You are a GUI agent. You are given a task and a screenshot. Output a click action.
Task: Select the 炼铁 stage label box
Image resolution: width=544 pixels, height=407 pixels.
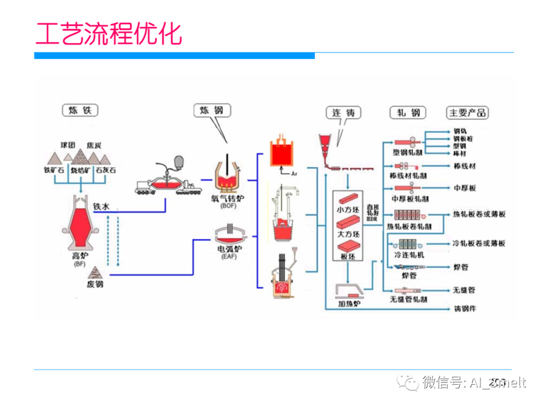pos(80,110)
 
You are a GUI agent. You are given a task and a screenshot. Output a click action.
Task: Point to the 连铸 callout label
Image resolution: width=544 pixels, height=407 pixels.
pos(344,112)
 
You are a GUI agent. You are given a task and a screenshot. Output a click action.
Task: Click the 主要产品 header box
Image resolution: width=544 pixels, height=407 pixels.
pos(467,112)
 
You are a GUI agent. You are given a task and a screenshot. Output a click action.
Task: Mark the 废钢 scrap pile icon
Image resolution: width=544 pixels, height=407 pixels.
pos(95,273)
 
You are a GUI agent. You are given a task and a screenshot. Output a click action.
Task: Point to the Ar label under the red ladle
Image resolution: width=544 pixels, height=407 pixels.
pos(295,173)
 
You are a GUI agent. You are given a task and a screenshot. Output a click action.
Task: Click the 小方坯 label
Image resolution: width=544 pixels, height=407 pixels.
pos(347,208)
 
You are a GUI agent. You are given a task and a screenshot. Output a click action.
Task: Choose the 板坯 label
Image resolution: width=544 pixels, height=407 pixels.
pos(347,256)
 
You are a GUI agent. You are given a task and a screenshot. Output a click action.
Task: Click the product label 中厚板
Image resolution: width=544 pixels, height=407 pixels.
pos(464,188)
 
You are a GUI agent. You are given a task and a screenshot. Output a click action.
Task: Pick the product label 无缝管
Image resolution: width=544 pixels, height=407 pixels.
pos(464,290)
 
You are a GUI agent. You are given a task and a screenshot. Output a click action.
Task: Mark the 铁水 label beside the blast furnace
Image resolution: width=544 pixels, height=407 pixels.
pos(101,207)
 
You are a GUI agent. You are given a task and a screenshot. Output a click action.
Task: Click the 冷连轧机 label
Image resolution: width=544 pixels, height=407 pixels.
pos(409,255)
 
